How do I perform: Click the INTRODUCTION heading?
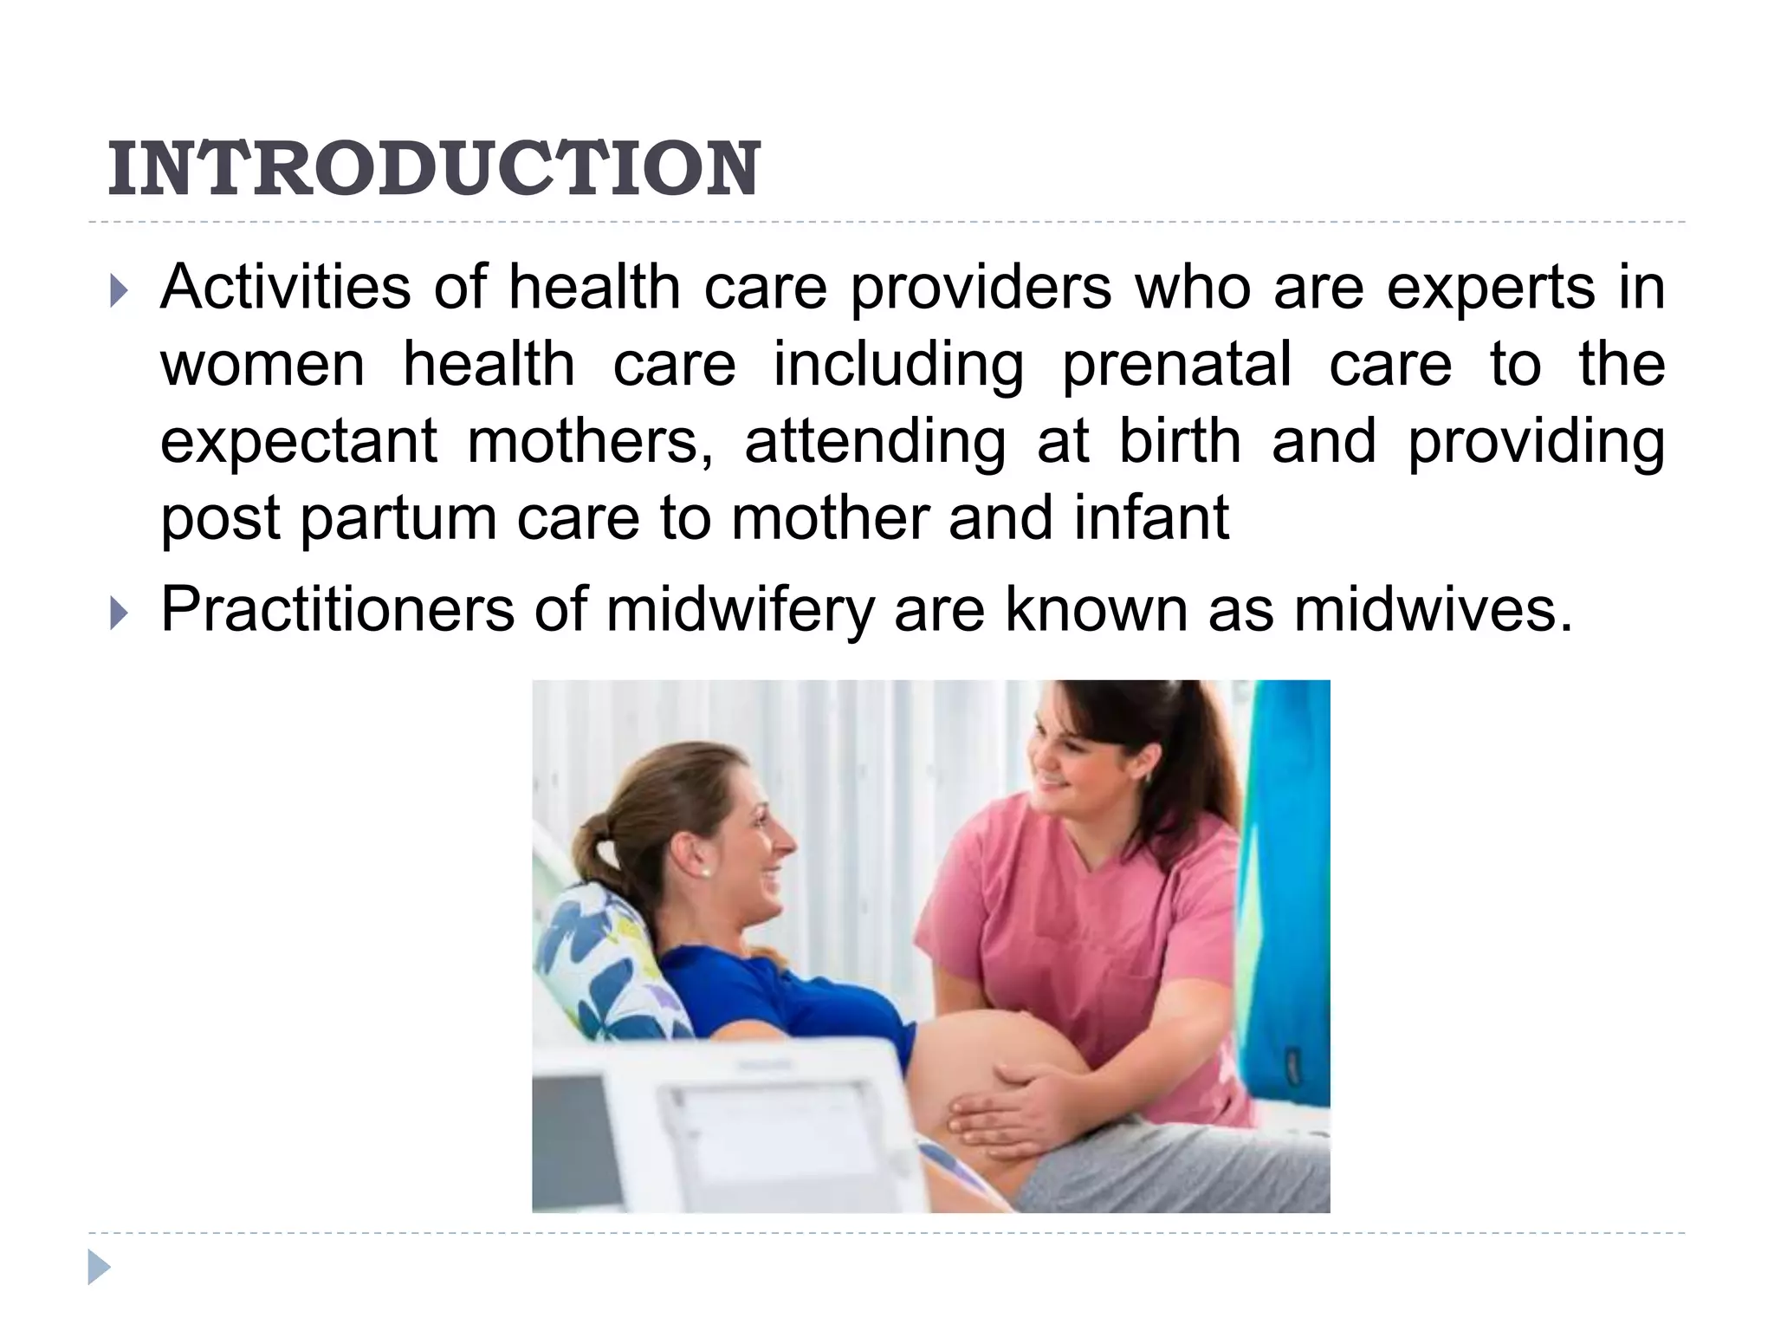(433, 169)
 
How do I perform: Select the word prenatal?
(1176, 364)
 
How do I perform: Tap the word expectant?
(298, 442)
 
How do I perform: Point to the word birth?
(1180, 440)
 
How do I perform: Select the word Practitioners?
(337, 610)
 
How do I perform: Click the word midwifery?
(740, 610)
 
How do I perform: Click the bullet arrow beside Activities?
(119, 292)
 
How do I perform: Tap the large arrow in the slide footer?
(99, 1267)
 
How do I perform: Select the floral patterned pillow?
(598, 962)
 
